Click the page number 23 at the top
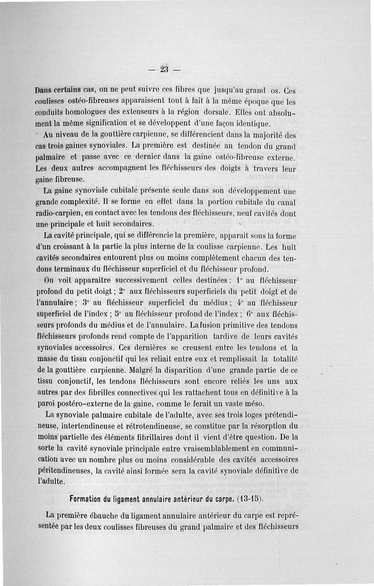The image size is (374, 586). (164, 70)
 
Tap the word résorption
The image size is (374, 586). (268, 426)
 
